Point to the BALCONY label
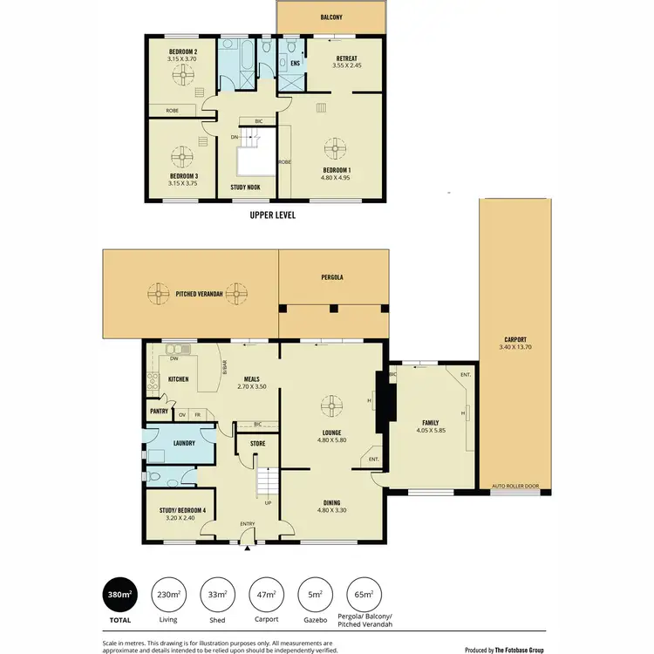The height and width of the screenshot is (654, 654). click(330, 17)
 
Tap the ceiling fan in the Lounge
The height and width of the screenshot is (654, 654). click(331, 405)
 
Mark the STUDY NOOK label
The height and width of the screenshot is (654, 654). click(247, 187)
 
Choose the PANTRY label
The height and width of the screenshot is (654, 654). click(158, 410)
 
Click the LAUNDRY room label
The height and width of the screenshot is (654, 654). click(184, 443)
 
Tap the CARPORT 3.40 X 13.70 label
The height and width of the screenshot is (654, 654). click(515, 344)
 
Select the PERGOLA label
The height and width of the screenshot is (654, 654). click(330, 276)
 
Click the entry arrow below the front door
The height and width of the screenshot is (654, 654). click(249, 548)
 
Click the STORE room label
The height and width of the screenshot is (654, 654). click(257, 443)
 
